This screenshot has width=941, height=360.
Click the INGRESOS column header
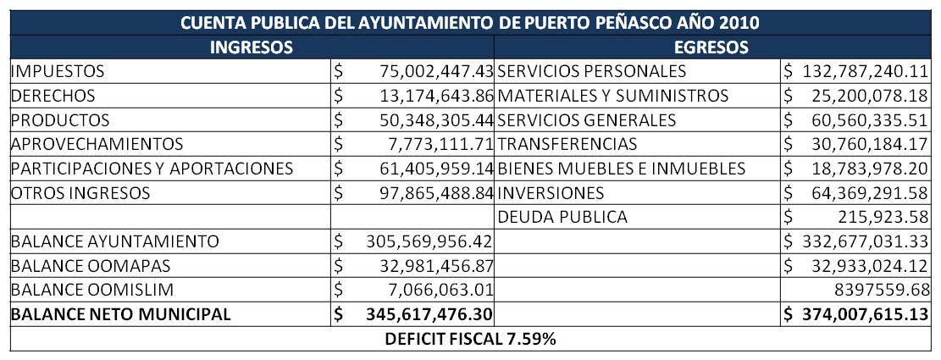click(252, 47)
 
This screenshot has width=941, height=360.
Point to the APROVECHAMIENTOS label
click(97, 145)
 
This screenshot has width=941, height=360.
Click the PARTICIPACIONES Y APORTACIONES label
click(152, 169)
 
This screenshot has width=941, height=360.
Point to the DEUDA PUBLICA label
click(562, 217)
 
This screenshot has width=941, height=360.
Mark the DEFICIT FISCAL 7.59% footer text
click(470, 341)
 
